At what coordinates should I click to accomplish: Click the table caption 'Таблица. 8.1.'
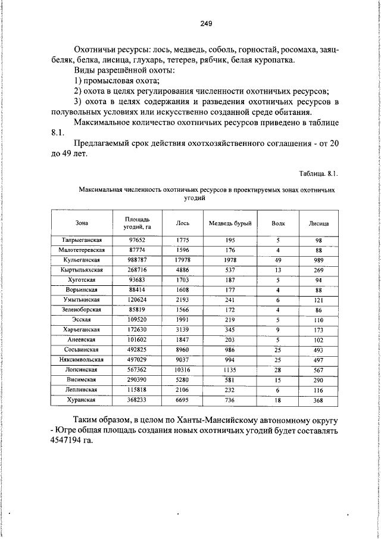pyautogui.click(x=318, y=174)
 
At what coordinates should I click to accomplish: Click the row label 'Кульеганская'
pyautogui.click(x=82, y=260)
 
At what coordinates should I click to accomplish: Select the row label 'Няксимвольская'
pyautogui.click(x=82, y=360)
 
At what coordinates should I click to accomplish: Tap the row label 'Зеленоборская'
pyautogui.click(x=82, y=310)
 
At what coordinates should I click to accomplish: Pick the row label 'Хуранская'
pyautogui.click(x=82, y=400)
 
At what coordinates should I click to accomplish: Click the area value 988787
pyautogui.click(x=138, y=260)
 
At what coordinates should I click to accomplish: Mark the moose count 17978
pyautogui.click(x=183, y=260)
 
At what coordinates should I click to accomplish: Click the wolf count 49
pyautogui.click(x=278, y=260)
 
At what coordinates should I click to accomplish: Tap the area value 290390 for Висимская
pyautogui.click(x=138, y=379)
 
